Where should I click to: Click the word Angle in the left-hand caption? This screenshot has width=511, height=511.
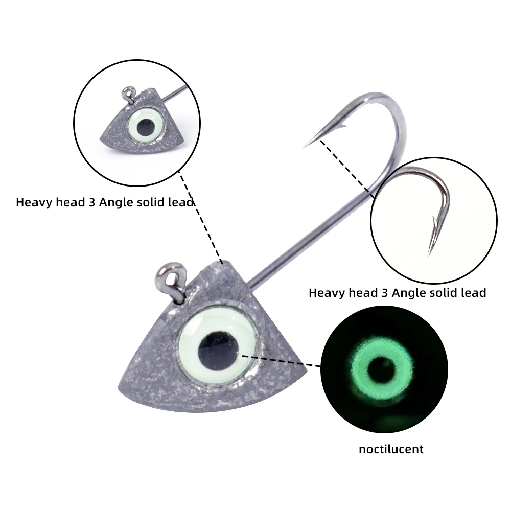117,202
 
